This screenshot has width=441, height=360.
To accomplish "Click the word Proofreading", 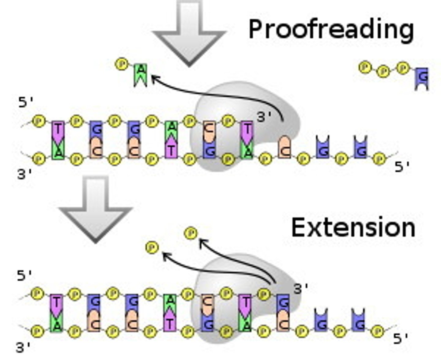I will pyautogui.click(x=331, y=29).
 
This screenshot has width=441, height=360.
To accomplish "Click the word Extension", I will pyautogui.click(x=353, y=227).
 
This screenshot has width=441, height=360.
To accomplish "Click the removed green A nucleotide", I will pyautogui.click(x=141, y=75).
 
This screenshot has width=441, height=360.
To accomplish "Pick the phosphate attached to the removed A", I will pyautogui.click(x=122, y=64).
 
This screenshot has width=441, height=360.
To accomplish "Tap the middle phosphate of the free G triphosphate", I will pyautogui.click(x=383, y=72).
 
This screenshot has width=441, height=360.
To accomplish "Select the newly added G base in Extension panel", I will pyautogui.click(x=283, y=302).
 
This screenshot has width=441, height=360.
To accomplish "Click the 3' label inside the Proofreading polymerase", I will pyautogui.click(x=264, y=117).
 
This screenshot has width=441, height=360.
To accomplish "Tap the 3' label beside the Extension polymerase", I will pyautogui.click(x=301, y=289).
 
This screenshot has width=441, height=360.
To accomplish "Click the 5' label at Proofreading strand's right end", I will pyautogui.click(x=402, y=167).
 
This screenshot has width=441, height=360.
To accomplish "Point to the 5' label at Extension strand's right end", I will pyautogui.click(x=401, y=338).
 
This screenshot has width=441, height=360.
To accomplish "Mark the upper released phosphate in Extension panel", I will pyautogui.click(x=191, y=233).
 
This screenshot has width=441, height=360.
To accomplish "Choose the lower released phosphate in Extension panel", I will pyautogui.click(x=152, y=247).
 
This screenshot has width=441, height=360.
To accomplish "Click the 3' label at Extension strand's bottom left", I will pyautogui.click(x=24, y=348).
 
